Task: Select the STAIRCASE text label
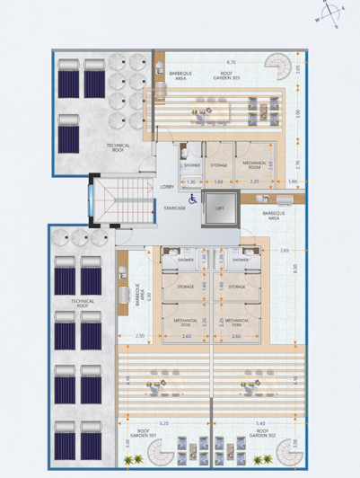(x=174, y=208)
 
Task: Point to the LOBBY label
(x=167, y=187)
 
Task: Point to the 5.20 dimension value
(x=162, y=423)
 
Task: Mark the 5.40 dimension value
(x=261, y=423)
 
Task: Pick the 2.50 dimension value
(x=140, y=336)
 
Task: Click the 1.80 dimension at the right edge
(x=294, y=181)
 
